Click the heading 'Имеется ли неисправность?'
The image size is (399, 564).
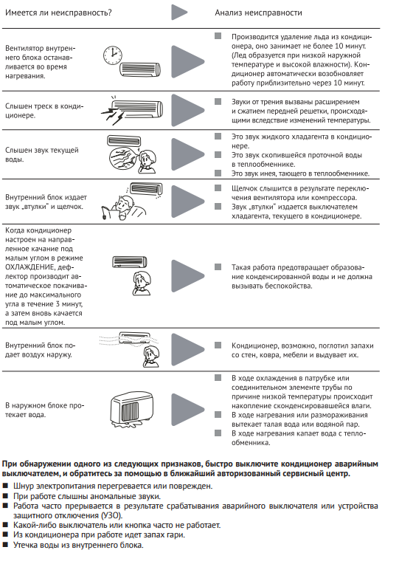pos(58,13)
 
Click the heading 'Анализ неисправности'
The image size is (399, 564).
pos(258,13)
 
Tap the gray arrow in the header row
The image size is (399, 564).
pos(179,13)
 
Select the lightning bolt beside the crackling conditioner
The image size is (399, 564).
pos(112,115)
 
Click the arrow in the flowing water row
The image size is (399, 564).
pos(187,154)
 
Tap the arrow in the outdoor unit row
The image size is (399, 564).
pos(187,410)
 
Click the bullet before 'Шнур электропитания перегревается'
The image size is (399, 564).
pos(5,486)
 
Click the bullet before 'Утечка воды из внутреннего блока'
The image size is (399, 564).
pos(5,545)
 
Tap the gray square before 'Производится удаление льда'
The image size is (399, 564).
pos(218,36)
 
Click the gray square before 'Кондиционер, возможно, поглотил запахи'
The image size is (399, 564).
pos(218,345)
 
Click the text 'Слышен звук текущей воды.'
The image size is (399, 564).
pos(42,155)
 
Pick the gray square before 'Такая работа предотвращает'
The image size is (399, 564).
pos(218,267)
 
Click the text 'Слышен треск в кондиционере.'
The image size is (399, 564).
pos(44,111)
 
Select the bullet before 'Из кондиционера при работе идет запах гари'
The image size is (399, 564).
pos(5,535)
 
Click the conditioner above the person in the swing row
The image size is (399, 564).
pos(129,262)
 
